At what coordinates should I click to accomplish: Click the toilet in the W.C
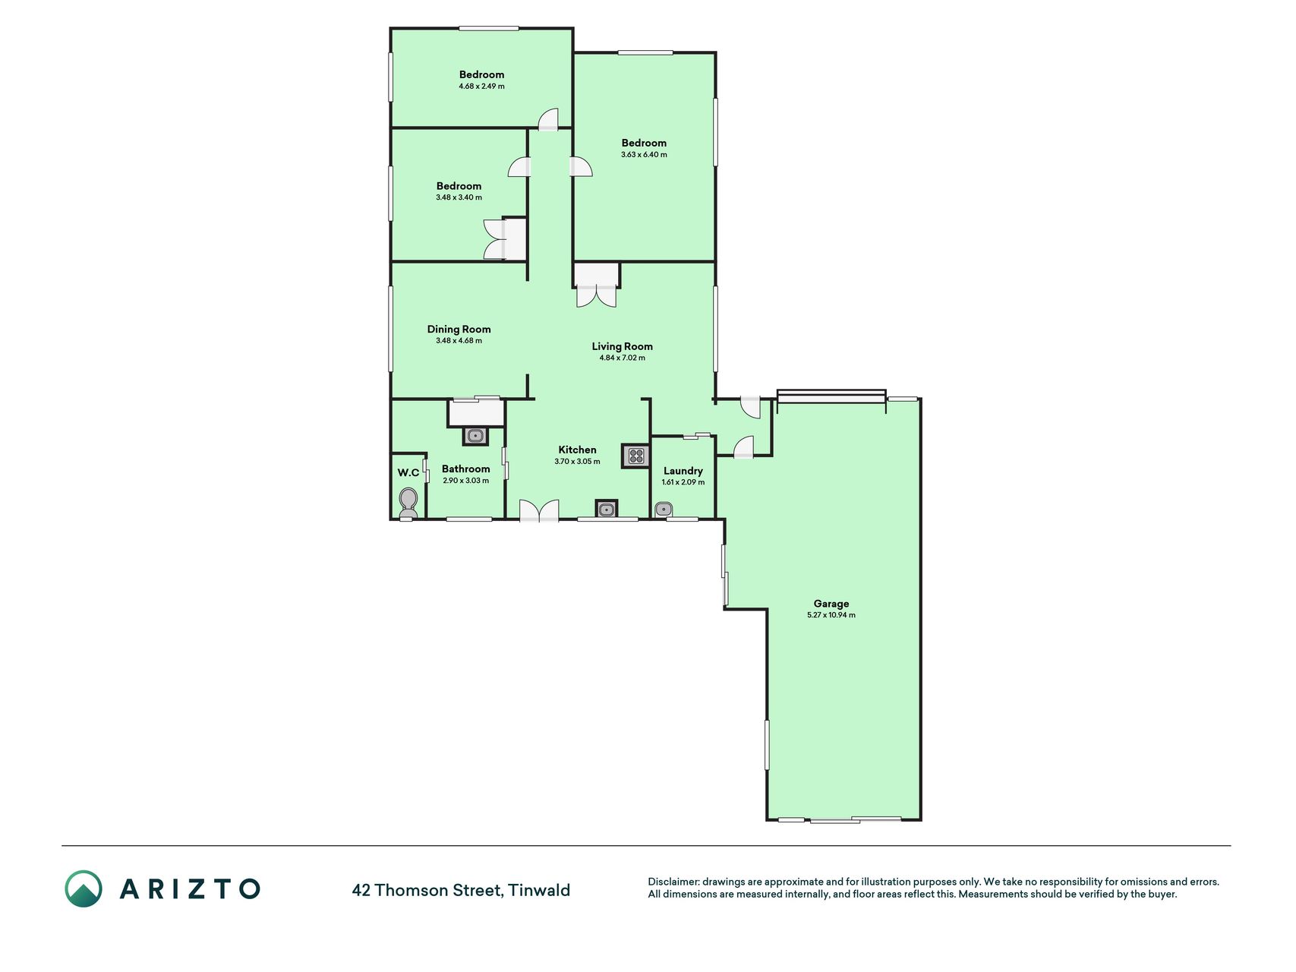tap(408, 503)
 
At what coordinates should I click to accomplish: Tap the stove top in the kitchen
tap(635, 456)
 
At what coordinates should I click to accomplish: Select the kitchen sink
tap(606, 509)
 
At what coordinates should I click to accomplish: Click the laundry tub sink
tap(664, 510)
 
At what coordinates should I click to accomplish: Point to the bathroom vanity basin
tap(475, 435)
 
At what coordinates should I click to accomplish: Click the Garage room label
tap(831, 604)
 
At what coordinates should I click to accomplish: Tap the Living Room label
tap(622, 346)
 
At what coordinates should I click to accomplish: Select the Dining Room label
tap(459, 329)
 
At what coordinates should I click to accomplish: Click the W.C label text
tap(408, 472)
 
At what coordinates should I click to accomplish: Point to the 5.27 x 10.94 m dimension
tap(831, 615)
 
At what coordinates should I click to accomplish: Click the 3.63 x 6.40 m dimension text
tap(644, 154)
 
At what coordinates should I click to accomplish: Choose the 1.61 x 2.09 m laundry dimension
tap(683, 482)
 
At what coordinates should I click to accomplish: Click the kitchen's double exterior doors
tap(539, 510)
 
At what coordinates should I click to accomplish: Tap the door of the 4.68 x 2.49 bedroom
tap(548, 119)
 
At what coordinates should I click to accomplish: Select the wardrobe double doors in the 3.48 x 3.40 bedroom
tap(494, 239)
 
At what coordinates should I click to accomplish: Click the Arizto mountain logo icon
tap(84, 888)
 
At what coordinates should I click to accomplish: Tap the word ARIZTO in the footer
tap(190, 888)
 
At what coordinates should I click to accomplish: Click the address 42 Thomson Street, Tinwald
tap(461, 890)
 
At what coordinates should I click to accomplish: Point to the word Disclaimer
tap(673, 882)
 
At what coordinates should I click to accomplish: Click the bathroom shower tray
tap(476, 413)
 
